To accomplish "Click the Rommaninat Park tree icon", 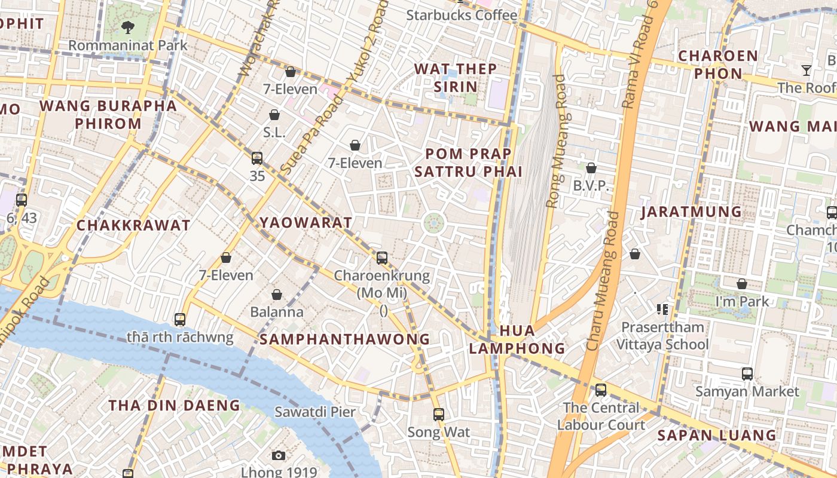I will pyautogui.click(x=127, y=26).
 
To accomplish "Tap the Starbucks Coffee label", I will pyautogui.click(x=462, y=15).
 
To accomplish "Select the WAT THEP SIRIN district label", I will pyautogui.click(x=456, y=78).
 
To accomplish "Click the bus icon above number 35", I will pyautogui.click(x=257, y=158).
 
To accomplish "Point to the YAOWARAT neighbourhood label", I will pyautogui.click(x=306, y=223).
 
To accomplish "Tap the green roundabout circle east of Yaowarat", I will pyautogui.click(x=434, y=224).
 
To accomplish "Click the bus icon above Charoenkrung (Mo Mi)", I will pyautogui.click(x=382, y=258).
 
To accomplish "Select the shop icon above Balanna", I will pyautogui.click(x=277, y=295).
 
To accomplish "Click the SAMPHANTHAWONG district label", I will pyautogui.click(x=344, y=339).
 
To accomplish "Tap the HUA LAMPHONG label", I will pyautogui.click(x=517, y=339).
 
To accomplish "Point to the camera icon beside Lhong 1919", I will pyautogui.click(x=278, y=456).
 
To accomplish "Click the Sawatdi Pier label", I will pyautogui.click(x=315, y=412).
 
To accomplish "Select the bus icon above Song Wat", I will pyautogui.click(x=439, y=414).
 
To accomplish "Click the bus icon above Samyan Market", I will pyautogui.click(x=747, y=374).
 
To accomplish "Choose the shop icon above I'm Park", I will pyautogui.click(x=742, y=284).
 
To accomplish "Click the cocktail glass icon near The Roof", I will pyautogui.click(x=807, y=71).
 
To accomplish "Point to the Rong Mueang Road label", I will pyautogui.click(x=556, y=141).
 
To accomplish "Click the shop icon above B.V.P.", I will pyautogui.click(x=591, y=168).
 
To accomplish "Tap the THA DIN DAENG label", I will pyautogui.click(x=174, y=405).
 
